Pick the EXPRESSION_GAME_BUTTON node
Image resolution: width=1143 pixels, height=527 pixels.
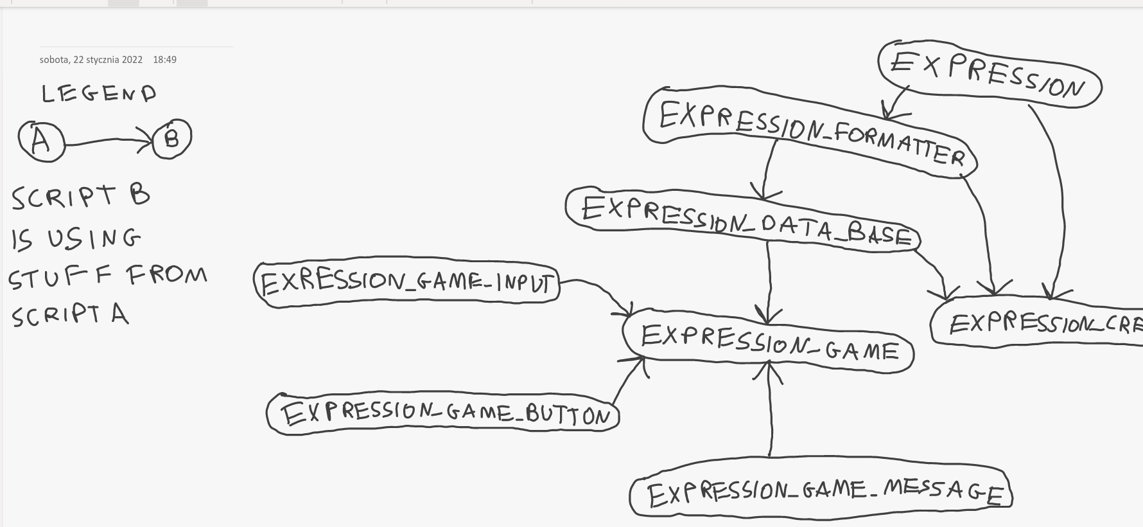coord(443,413)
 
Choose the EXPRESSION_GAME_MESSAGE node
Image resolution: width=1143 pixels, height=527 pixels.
coord(822,492)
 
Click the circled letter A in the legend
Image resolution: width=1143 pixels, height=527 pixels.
coord(42,141)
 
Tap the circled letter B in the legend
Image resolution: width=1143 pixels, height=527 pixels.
coord(172,138)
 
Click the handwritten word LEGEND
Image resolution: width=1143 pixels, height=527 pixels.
coord(99,94)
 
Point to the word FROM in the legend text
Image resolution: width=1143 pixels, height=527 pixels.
coord(167,275)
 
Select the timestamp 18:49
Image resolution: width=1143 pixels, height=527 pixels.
coord(164,60)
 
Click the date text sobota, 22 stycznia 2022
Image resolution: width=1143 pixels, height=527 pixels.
coord(91,60)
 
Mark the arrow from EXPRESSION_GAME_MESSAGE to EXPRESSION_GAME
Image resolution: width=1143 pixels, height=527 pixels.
coord(770,411)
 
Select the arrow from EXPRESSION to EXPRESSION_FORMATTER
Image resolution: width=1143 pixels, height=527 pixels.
coord(896,102)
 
